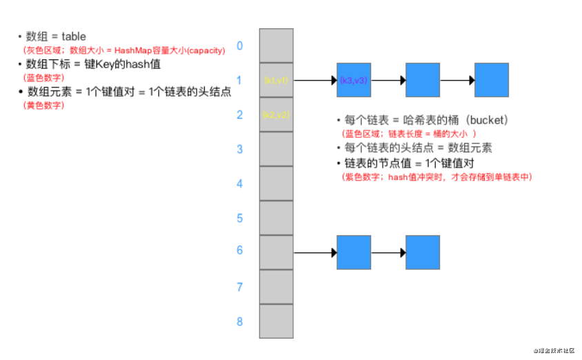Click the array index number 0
240,46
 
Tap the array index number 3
240,149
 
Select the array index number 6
240,250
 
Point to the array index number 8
240,321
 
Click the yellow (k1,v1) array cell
276,80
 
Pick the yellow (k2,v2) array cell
276,114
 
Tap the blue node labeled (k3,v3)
354,80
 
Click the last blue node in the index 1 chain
492,80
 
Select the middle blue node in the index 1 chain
423,80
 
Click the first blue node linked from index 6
354,252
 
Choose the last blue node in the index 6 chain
423,252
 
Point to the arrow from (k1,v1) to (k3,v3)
314,80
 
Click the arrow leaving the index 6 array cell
314,252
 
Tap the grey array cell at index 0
276,46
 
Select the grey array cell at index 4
276,183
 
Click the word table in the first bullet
74,36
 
